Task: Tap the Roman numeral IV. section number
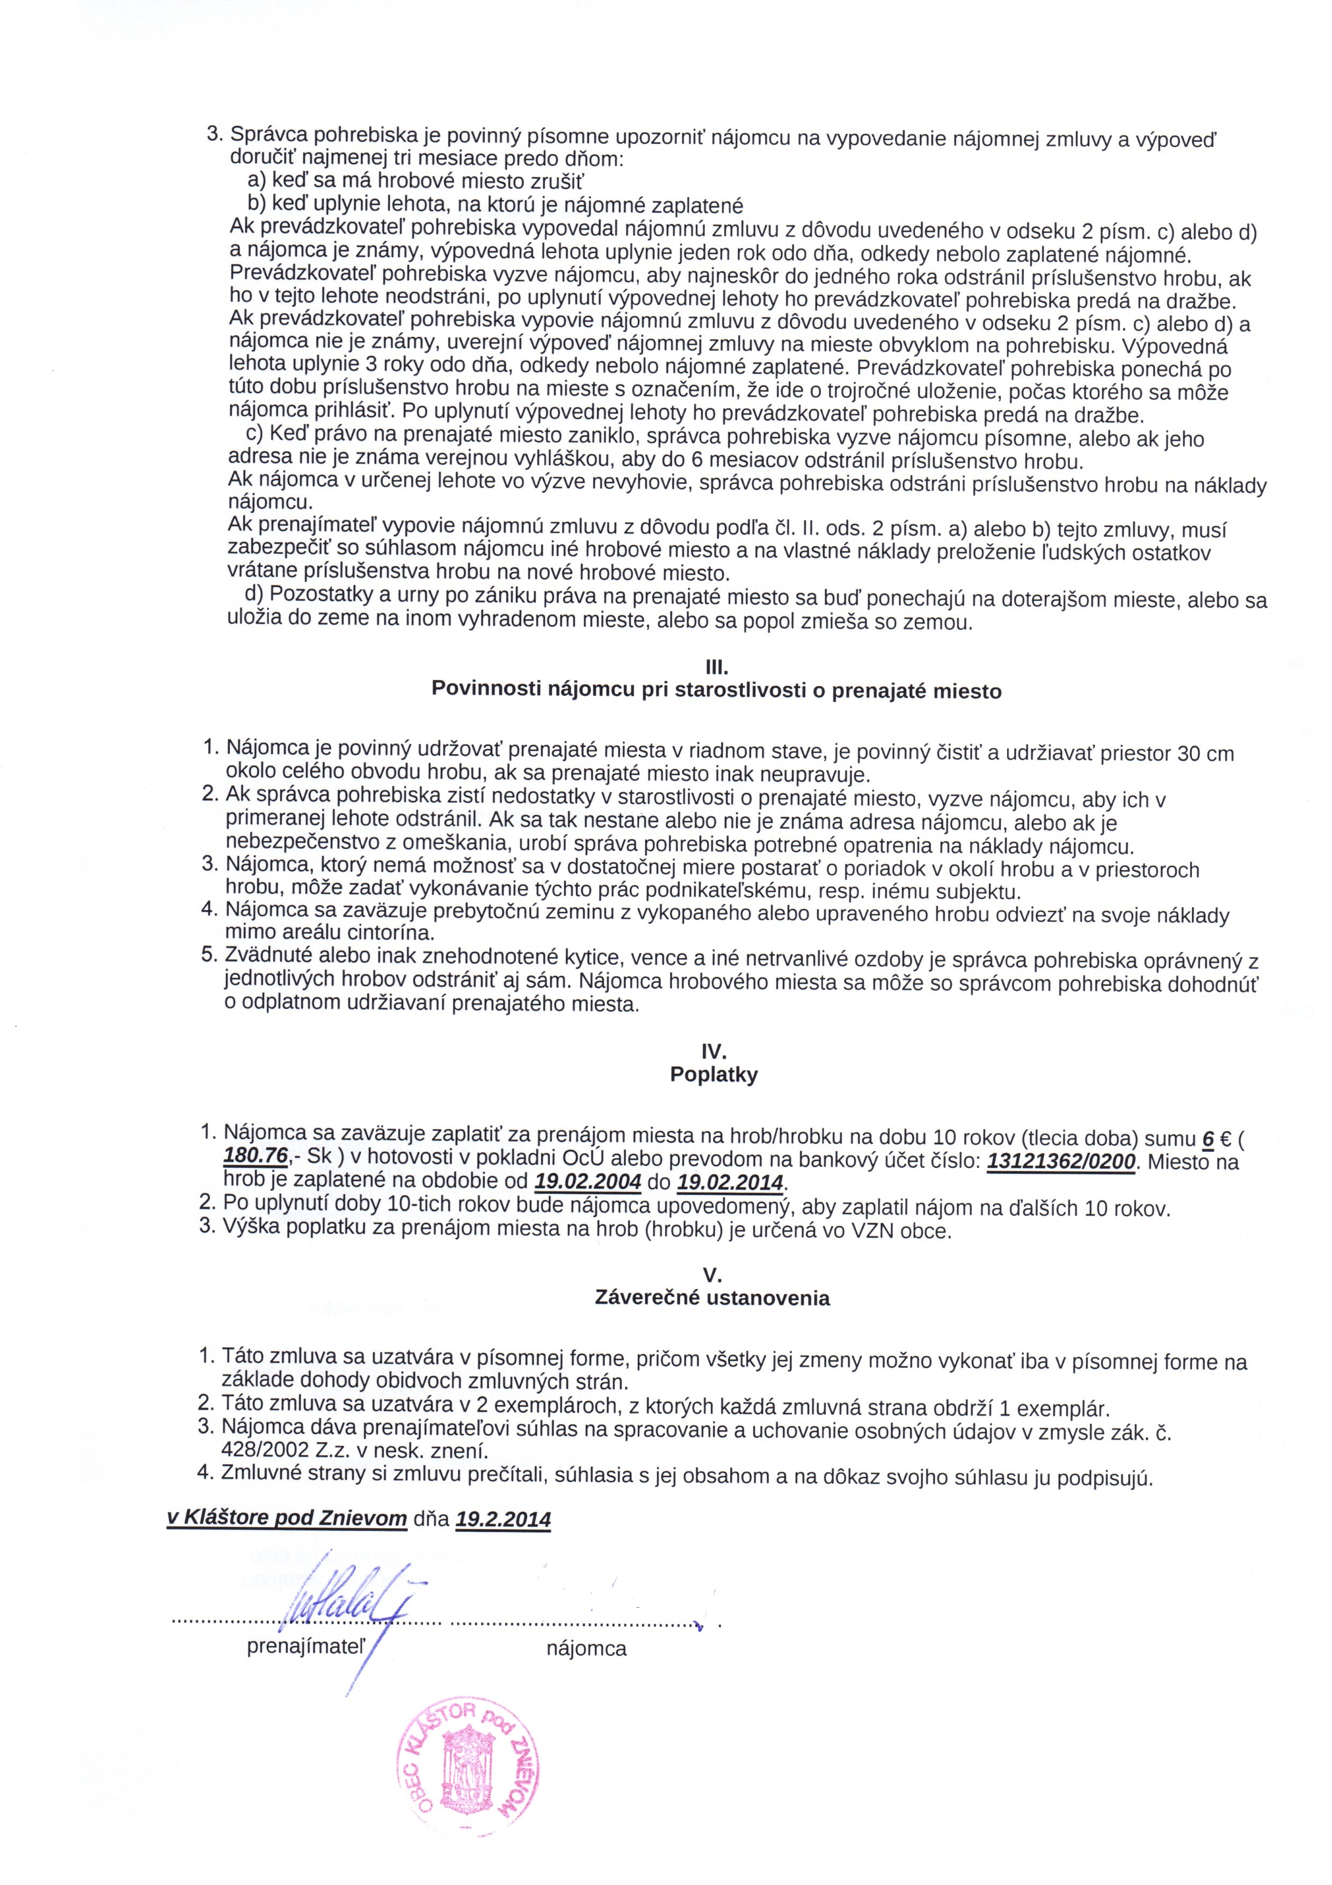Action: point(714,1052)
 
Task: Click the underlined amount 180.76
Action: point(254,1157)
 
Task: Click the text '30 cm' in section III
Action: point(1206,753)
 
